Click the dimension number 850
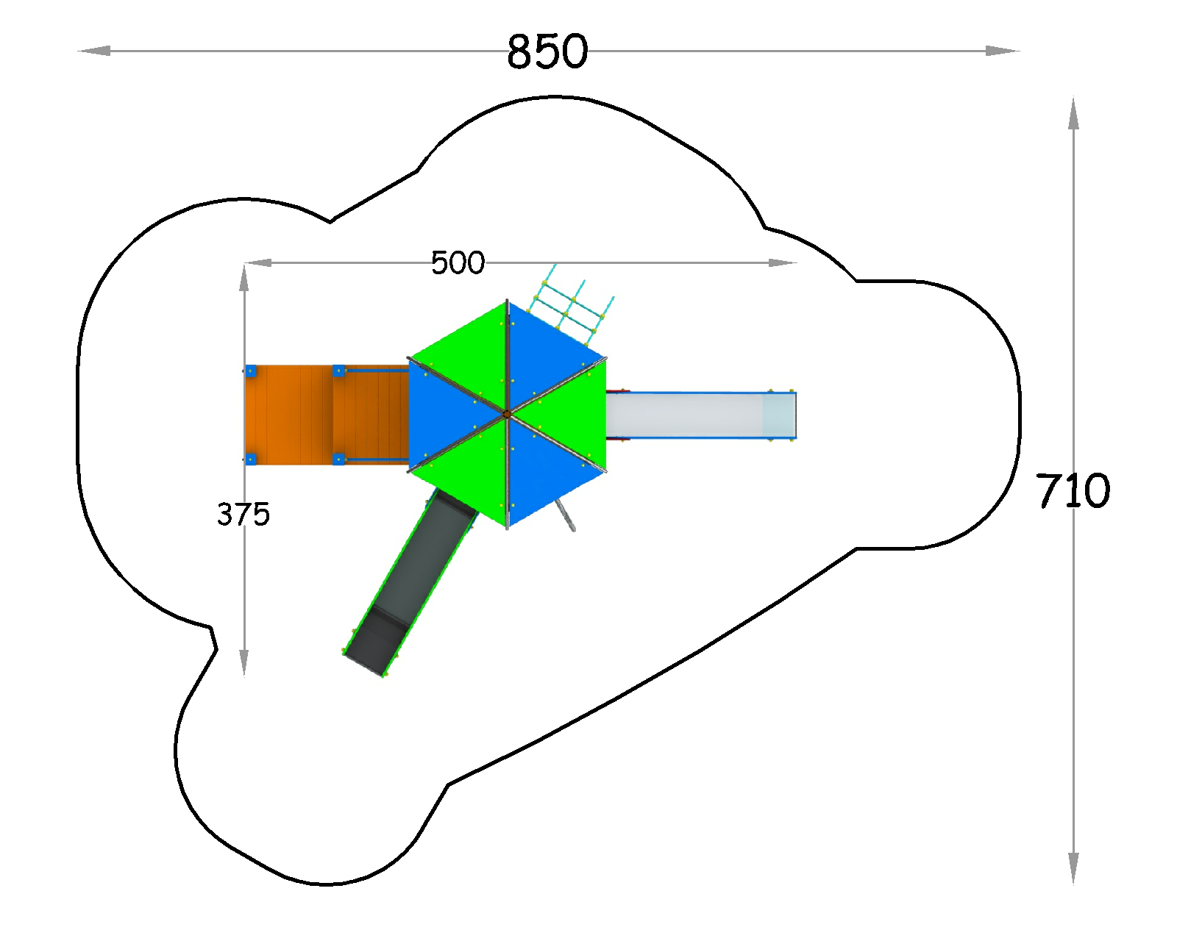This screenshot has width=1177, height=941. pyautogui.click(x=547, y=51)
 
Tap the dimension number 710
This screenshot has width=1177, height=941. pyautogui.click(x=1073, y=490)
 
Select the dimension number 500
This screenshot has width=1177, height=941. pyautogui.click(x=458, y=263)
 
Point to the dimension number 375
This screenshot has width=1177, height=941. pyautogui.click(x=243, y=515)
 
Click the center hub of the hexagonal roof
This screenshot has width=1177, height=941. pyautogui.click(x=507, y=415)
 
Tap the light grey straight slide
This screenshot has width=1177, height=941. pyautogui.click(x=701, y=415)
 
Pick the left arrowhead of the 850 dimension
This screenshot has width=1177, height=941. pyautogui.click(x=94, y=51)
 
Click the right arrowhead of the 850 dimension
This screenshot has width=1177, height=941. pyautogui.click(x=1003, y=51)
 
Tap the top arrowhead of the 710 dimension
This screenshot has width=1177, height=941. pyautogui.click(x=1073, y=114)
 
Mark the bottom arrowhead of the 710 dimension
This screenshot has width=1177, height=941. pyautogui.click(x=1073, y=868)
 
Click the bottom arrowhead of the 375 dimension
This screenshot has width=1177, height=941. pyautogui.click(x=244, y=662)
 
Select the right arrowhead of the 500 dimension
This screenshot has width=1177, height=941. pyautogui.click(x=783, y=262)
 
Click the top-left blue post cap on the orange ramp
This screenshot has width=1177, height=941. pyautogui.click(x=251, y=371)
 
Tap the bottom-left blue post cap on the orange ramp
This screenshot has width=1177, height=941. pyautogui.click(x=251, y=459)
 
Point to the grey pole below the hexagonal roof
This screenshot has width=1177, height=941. pyautogui.click(x=565, y=515)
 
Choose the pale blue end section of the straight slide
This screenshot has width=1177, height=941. pyautogui.click(x=779, y=415)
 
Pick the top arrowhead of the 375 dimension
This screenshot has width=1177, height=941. pyautogui.click(x=244, y=278)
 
